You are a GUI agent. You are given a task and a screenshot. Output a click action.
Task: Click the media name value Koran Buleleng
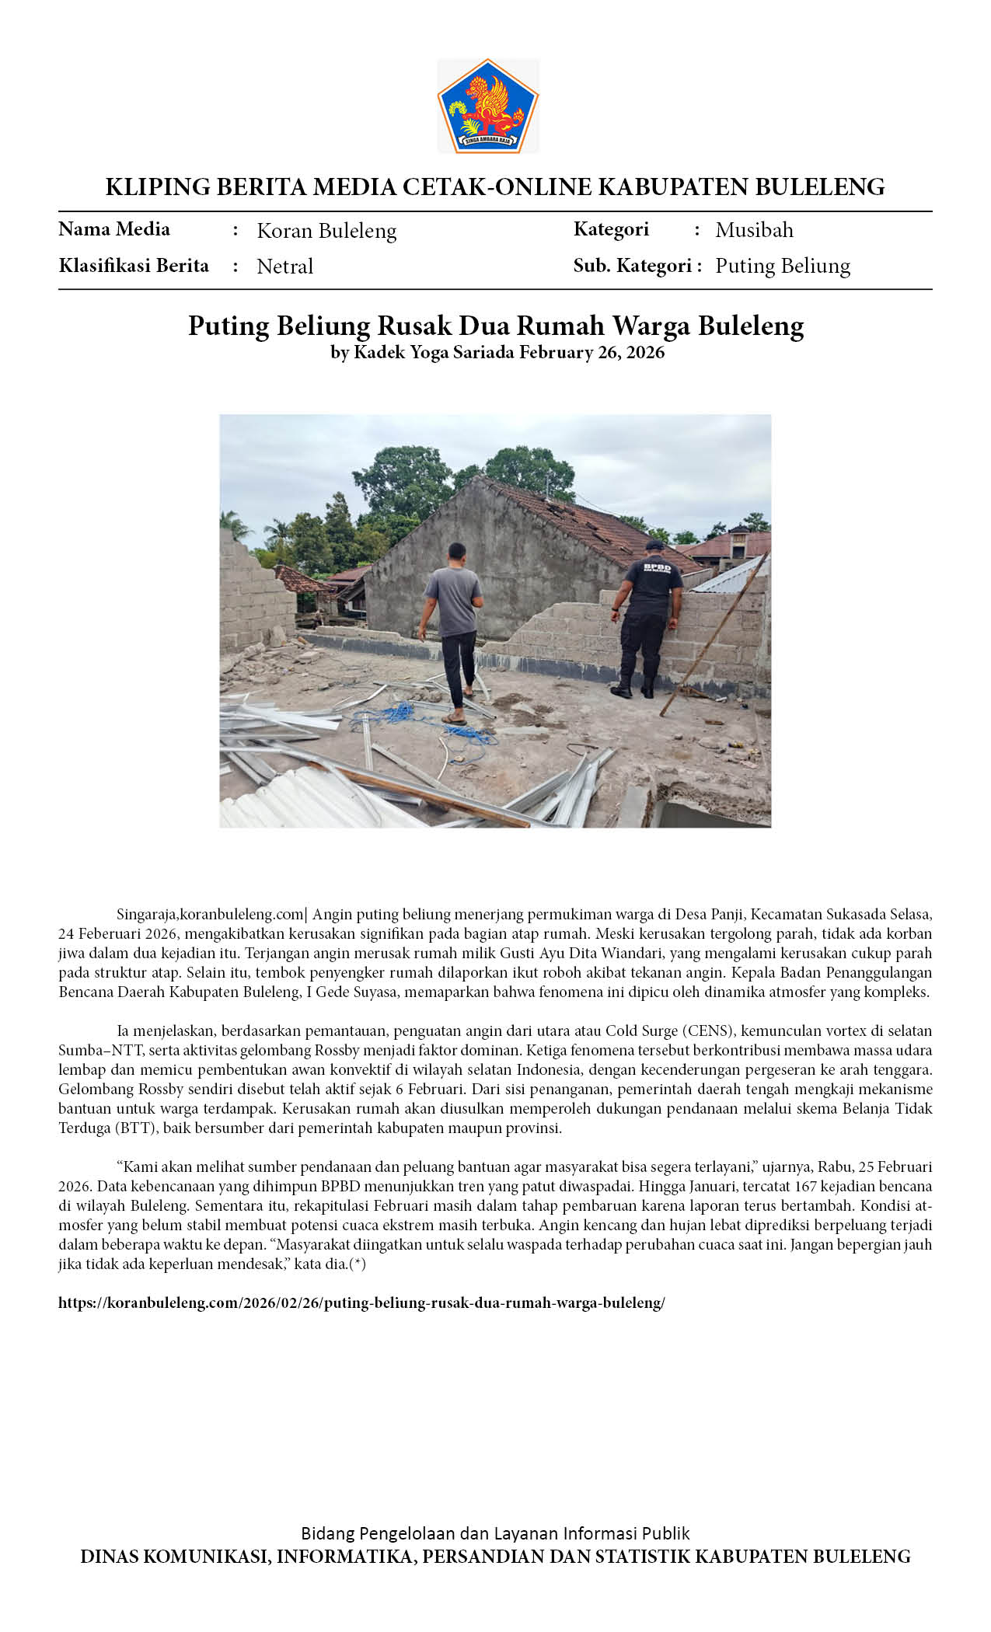pos(326,231)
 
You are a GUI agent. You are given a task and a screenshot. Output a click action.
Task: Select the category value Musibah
pos(754,230)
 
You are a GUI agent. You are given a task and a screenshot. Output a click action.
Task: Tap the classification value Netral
pos(284,267)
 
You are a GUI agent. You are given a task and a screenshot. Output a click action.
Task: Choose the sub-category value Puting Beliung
pos(782,266)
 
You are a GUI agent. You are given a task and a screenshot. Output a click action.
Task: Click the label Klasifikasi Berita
pos(134,266)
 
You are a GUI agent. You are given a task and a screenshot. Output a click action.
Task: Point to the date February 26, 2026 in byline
pos(591,352)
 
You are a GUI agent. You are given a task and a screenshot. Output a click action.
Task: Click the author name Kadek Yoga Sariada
pos(434,352)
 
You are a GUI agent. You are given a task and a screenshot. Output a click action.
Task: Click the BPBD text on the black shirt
pos(657,568)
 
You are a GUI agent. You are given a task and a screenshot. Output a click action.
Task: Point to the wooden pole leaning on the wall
pos(715,633)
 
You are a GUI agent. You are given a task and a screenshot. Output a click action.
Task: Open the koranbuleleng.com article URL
pos(361,1303)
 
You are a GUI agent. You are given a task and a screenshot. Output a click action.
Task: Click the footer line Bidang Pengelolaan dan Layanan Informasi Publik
pos(495,1533)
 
